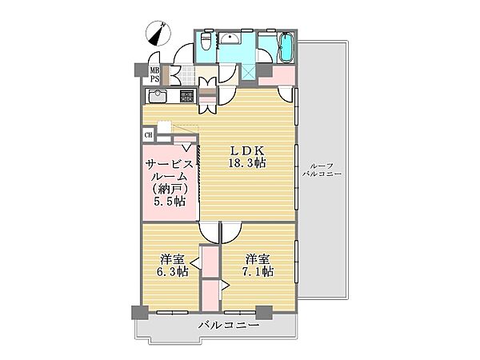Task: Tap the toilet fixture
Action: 207,41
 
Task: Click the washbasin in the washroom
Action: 233,41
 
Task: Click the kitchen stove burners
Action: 186,98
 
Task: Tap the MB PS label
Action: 153,74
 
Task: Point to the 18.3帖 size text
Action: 248,162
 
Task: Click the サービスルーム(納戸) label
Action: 170,176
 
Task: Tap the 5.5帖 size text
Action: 170,202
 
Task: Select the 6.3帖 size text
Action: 172,272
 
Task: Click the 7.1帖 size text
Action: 258,272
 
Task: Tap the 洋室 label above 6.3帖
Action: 172,258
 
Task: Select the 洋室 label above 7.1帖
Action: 258,258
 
